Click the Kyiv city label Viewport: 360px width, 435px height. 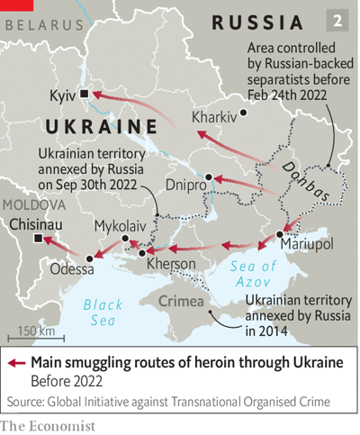pos(61,94)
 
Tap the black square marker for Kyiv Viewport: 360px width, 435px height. pos(84,94)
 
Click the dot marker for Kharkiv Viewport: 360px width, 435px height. pos(242,113)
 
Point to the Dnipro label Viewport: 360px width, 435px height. pos(184,185)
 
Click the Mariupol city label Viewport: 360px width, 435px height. pos(306,245)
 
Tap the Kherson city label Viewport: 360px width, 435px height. pos(171,263)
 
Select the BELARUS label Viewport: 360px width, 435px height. pos(41,25)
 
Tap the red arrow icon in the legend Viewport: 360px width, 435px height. pos(16,362)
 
